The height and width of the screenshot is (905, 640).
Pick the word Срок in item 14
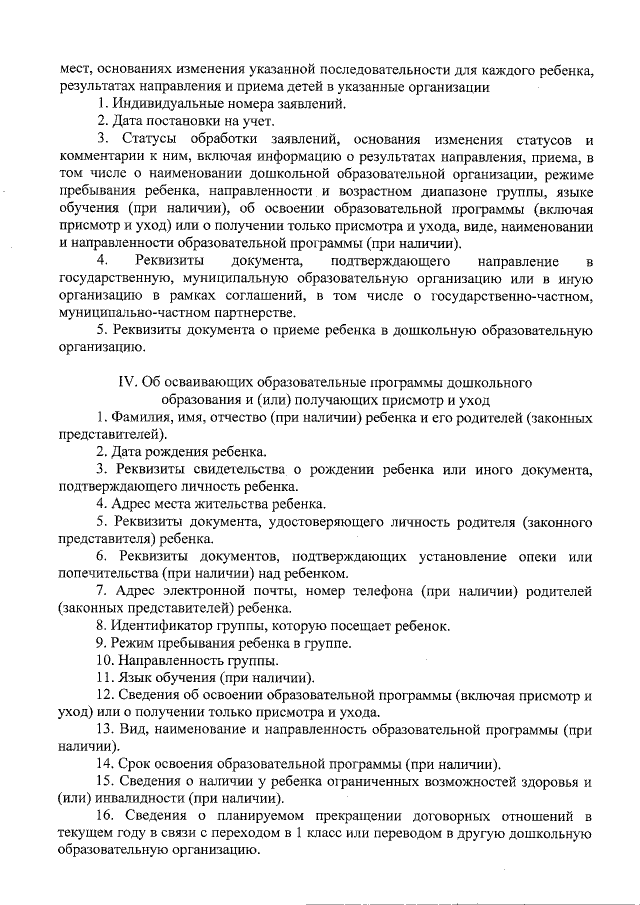click(135, 765)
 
